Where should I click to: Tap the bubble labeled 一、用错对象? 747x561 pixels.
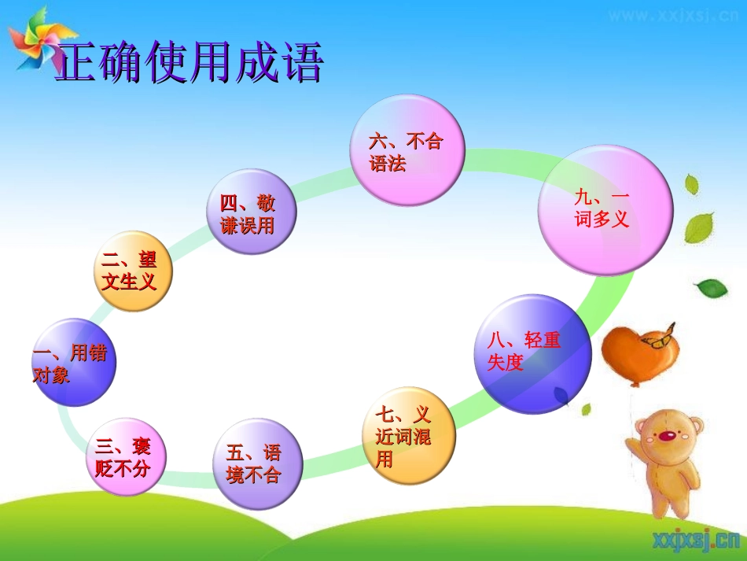tap(73, 362)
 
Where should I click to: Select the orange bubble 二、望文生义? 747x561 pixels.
tap(132, 271)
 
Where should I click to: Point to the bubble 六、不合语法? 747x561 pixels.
tap(407, 151)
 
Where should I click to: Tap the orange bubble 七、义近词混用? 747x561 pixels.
tap(408, 436)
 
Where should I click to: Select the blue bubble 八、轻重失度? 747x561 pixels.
tap(532, 352)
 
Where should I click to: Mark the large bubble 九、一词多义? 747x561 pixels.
tap(605, 209)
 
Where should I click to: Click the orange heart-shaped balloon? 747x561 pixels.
tap(635, 355)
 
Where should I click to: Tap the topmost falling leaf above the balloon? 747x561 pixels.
tap(691, 185)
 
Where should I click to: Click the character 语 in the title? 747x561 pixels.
tap(299, 62)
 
